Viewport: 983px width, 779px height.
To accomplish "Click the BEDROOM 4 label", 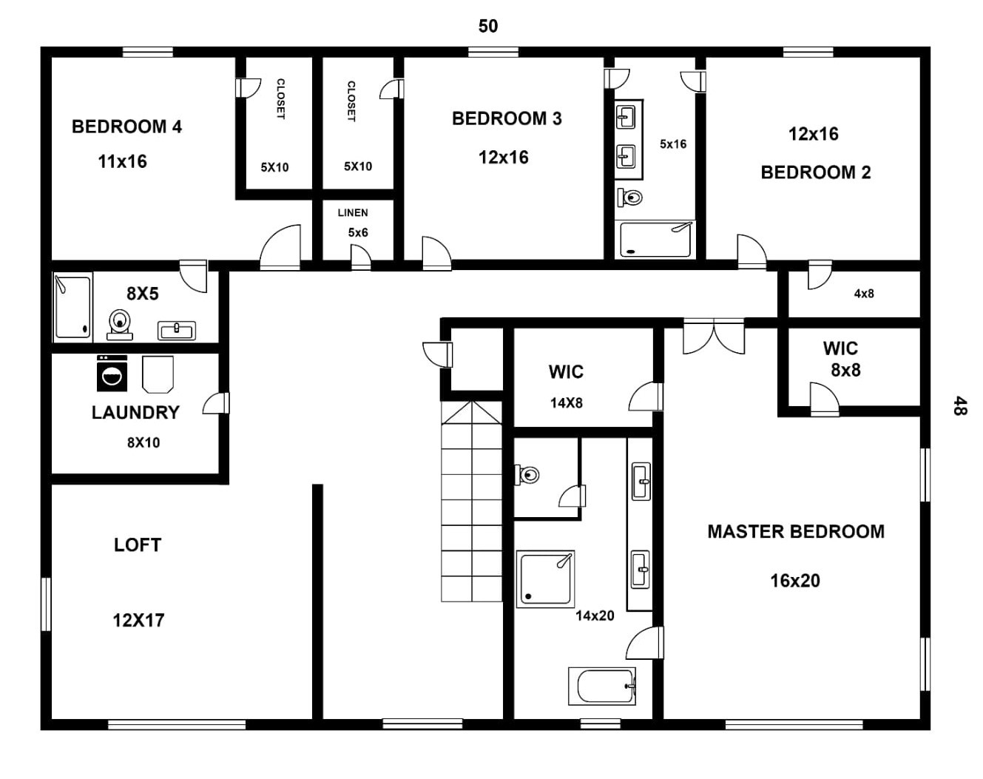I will tap(126, 127).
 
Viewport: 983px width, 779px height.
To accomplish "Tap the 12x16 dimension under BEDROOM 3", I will tap(503, 157).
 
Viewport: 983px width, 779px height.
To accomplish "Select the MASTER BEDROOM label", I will tap(795, 531).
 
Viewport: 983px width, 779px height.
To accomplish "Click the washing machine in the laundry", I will tap(112, 374).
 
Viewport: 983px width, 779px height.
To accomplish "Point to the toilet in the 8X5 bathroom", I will tap(120, 323).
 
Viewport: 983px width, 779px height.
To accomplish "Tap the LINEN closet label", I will tap(353, 212).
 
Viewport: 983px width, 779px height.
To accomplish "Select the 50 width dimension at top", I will tap(488, 26).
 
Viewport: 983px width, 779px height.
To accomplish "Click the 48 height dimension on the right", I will tap(959, 405).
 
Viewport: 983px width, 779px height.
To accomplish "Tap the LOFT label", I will tap(137, 545).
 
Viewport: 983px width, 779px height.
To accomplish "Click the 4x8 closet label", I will tap(864, 294).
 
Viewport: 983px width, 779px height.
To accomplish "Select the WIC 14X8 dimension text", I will tap(566, 403).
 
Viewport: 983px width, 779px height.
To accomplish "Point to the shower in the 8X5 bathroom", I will tap(72, 307).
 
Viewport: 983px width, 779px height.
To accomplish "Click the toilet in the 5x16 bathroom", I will tap(631, 197).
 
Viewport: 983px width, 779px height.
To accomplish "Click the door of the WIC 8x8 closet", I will tap(824, 400).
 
